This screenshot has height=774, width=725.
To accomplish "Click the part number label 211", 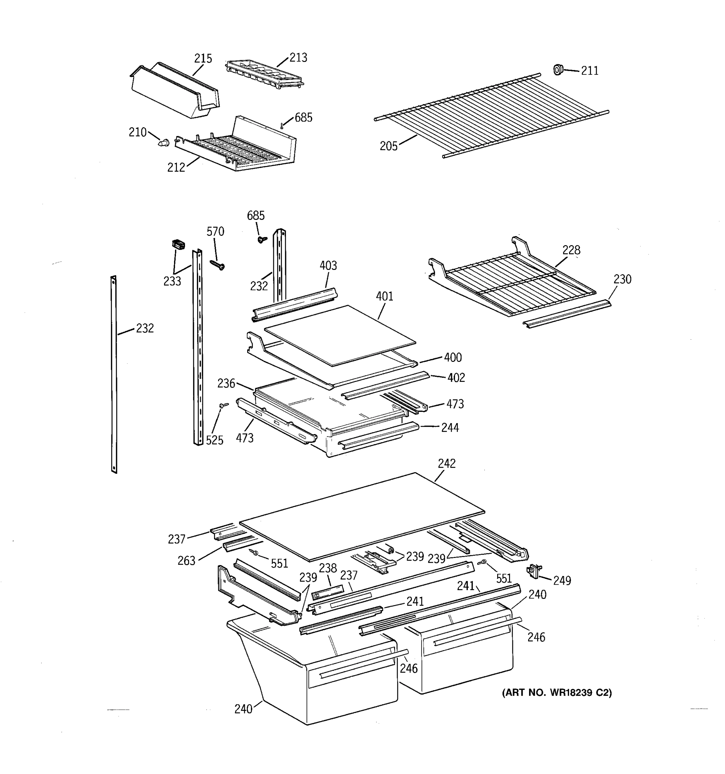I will pos(589,71).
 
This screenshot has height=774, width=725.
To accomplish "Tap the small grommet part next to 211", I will pos(558,70).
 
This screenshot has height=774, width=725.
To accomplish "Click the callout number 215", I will pos(203,59).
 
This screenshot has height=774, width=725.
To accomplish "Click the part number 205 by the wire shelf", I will pos(388,146).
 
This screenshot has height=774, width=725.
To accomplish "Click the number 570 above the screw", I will pos(215,232).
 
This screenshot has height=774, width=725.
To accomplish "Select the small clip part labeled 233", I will pos(178,245).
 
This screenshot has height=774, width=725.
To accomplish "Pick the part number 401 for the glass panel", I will pos(384,296).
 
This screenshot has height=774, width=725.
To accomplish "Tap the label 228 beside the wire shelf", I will pos(571,250).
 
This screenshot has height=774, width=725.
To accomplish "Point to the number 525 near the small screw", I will pos(214,440).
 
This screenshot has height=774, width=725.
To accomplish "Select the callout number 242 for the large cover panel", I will pos(446,463).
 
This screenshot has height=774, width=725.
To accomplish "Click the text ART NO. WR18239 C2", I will pos(556,693).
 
